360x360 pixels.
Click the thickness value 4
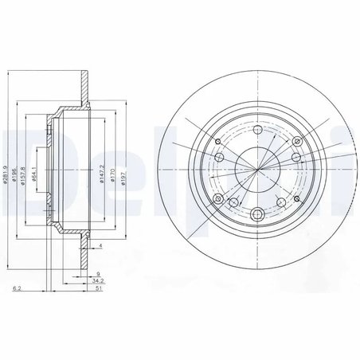coord(101,245)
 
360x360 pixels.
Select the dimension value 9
coord(97,273)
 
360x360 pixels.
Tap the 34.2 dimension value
coord(97,281)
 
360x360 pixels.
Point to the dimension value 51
coord(97,290)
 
